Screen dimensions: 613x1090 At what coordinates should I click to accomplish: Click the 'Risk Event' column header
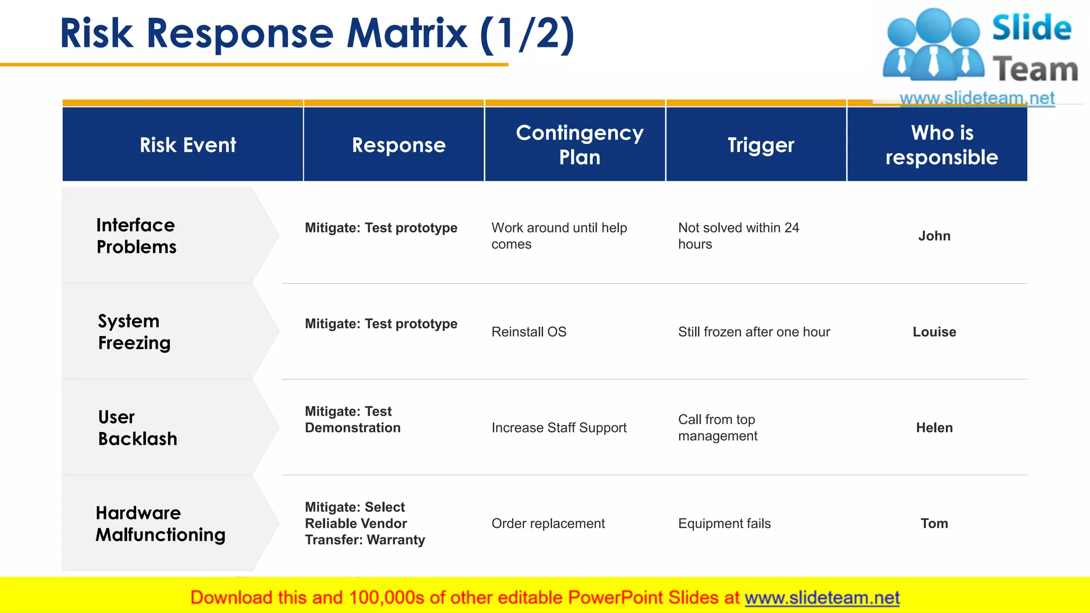tap(187, 145)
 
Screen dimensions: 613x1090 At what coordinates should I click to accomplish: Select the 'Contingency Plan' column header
tap(579, 145)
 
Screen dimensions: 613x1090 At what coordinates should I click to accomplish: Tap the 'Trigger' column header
tap(761, 145)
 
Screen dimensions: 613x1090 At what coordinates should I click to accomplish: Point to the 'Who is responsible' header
tap(942, 145)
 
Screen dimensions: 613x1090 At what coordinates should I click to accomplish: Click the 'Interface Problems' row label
tap(136, 236)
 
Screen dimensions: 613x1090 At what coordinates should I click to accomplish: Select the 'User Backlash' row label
tap(137, 428)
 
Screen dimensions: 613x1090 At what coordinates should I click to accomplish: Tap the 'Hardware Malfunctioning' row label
tap(160, 524)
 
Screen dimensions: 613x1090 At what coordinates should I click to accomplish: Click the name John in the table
tap(934, 236)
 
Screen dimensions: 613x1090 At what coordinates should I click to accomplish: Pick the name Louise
tap(934, 332)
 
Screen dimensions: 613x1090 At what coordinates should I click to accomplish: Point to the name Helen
tap(934, 428)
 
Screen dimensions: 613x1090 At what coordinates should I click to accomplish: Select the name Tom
tap(934, 524)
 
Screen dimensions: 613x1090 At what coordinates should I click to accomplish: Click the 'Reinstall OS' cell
tap(529, 332)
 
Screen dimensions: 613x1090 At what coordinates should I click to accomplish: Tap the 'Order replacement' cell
tap(548, 524)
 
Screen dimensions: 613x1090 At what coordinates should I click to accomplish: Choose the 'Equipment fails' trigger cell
tap(724, 524)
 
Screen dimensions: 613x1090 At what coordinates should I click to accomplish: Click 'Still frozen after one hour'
tap(754, 332)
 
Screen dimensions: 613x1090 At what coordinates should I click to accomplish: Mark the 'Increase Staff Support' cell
tap(559, 428)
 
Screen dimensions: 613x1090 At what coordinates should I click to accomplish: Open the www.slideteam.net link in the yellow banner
tap(822, 598)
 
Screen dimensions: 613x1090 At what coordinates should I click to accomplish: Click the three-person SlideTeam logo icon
tap(933, 45)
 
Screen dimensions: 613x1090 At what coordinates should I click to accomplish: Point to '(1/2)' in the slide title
tap(527, 34)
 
